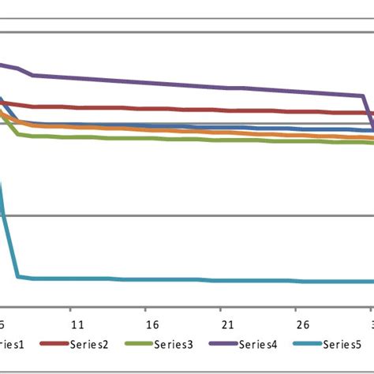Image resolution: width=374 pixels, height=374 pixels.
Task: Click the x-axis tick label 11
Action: [77, 325]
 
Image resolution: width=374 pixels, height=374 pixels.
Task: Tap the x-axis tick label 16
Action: [151, 325]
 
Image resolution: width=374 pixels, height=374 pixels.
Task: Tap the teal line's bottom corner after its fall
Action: [18, 276]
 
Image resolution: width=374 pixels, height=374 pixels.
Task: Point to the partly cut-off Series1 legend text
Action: [11, 344]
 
